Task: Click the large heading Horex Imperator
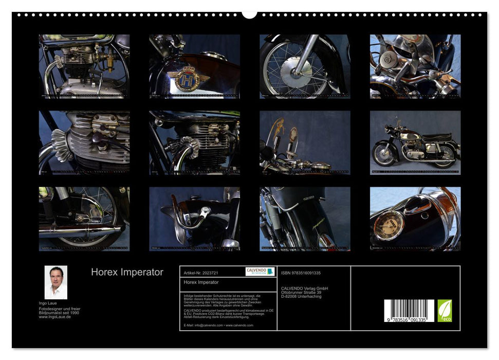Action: (x=127, y=273)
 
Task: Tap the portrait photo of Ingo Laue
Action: (x=56, y=282)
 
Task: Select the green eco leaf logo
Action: (x=445, y=311)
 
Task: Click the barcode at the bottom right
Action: (x=409, y=311)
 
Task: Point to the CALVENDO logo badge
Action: (x=260, y=272)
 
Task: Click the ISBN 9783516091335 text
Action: (x=301, y=273)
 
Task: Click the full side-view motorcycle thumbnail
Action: (x=415, y=143)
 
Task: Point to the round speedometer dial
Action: (x=389, y=226)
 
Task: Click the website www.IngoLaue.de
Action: (x=55, y=317)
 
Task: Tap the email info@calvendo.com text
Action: (x=218, y=325)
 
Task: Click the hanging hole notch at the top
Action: (x=249, y=14)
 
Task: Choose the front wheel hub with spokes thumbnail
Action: (x=304, y=66)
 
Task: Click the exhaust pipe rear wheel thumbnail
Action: (x=84, y=219)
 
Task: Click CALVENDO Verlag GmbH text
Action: (x=304, y=289)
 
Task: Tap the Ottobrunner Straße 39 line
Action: (x=302, y=293)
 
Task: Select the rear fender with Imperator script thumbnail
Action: (x=304, y=219)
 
